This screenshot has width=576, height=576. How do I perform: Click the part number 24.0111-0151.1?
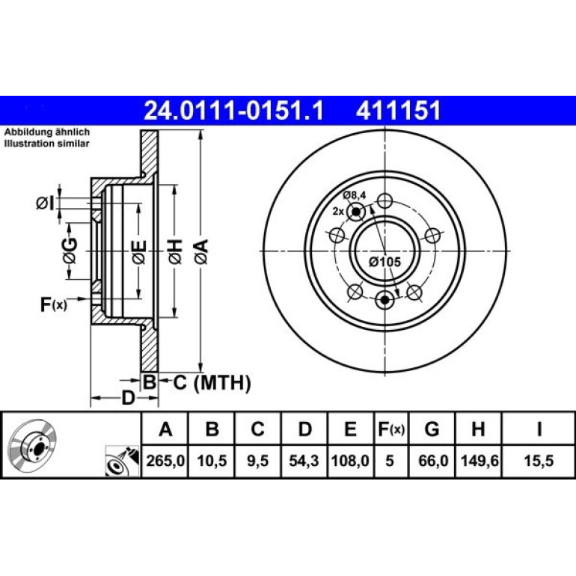(233, 111)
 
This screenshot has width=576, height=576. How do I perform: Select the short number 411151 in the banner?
(398, 111)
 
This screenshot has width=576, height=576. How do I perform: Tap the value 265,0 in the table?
(165, 461)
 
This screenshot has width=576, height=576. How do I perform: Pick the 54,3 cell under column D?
(304, 461)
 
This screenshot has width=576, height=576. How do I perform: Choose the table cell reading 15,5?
(539, 461)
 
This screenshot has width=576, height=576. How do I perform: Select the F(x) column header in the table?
(391, 429)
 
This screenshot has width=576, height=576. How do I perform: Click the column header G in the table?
(432, 429)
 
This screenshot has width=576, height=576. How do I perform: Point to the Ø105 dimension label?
(384, 262)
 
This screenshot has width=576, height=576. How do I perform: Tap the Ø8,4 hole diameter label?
(355, 195)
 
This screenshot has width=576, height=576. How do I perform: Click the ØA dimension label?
(202, 251)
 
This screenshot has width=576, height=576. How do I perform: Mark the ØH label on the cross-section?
(175, 251)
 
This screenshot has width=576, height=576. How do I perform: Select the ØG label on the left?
(70, 251)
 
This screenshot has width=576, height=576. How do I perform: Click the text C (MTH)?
(212, 383)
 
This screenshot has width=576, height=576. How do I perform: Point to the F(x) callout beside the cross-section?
(54, 304)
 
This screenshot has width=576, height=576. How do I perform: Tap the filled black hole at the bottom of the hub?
(384, 300)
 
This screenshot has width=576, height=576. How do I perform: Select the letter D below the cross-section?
(128, 398)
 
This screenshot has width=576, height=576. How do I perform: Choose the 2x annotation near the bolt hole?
(338, 211)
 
